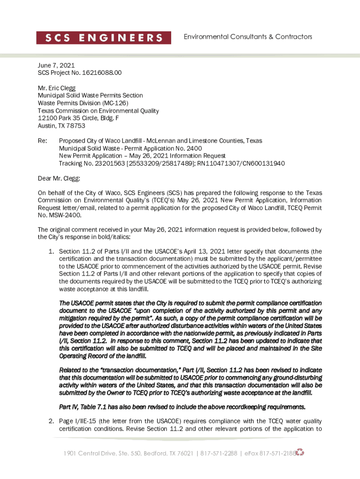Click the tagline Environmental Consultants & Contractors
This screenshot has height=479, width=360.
point(248,36)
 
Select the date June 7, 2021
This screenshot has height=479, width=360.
point(56,66)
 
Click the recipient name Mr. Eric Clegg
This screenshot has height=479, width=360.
point(57,88)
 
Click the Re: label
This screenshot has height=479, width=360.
point(43,141)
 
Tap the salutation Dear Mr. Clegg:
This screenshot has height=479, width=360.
point(59,178)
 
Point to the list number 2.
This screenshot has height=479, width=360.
point(51,421)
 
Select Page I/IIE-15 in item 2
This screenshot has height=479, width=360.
point(79,421)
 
